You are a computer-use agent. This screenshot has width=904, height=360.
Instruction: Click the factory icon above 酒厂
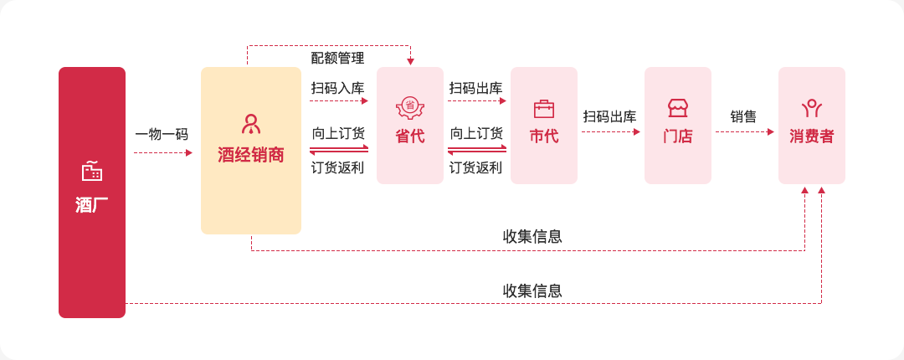point(92,172)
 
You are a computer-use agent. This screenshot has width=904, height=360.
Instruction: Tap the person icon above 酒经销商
point(251,124)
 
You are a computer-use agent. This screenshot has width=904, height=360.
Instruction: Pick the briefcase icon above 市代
point(544,109)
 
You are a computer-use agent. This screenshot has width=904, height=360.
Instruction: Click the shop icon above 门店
point(677,108)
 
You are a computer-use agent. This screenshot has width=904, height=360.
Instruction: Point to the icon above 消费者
point(812,108)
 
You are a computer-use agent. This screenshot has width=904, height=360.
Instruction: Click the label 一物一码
point(162,135)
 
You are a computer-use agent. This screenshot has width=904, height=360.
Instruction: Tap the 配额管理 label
point(338,58)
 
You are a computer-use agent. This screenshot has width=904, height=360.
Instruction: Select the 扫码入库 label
point(338,88)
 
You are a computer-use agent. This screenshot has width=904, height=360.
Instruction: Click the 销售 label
point(744,117)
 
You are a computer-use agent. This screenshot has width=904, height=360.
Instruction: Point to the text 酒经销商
point(251,155)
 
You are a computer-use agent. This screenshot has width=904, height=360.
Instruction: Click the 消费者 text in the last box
point(812,136)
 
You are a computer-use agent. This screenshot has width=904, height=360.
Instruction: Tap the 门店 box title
point(677,136)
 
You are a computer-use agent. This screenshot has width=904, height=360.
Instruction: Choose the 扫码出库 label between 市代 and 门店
point(610,116)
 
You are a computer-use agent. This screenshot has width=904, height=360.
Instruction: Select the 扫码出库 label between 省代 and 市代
point(476,88)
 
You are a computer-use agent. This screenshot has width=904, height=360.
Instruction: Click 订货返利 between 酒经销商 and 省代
point(338,168)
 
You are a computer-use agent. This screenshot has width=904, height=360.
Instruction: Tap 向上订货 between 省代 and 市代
point(476,134)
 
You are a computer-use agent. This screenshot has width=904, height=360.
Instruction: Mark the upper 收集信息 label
point(532,237)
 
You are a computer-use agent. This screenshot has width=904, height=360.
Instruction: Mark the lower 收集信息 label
point(532,291)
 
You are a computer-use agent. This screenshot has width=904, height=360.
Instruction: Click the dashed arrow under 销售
point(745,132)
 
